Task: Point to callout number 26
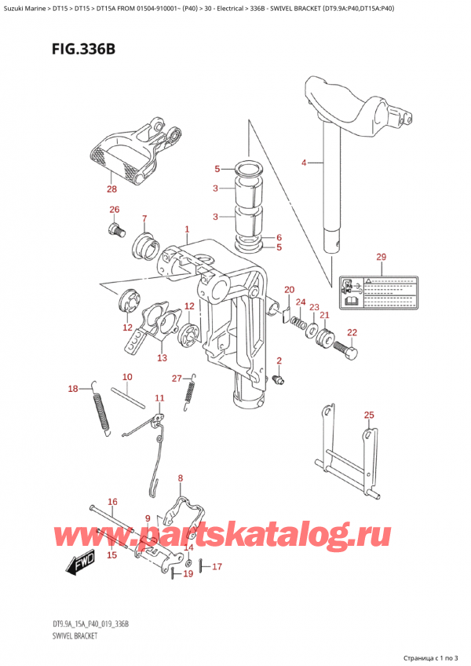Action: coord(115,210)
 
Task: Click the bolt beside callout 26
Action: coord(117,230)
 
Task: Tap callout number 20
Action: coord(288,290)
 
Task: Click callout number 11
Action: coord(159,398)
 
